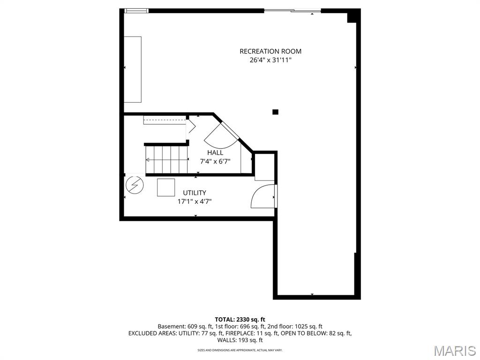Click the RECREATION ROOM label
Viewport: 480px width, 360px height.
[270, 52]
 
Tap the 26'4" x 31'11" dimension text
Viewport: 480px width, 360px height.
[270, 60]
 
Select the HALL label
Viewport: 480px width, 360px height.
[215, 153]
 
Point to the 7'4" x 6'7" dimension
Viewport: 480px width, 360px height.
[215, 161]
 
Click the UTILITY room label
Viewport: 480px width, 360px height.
[194, 193]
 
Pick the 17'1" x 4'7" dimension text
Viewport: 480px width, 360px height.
[194, 201]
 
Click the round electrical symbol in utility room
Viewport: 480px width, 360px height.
[135, 186]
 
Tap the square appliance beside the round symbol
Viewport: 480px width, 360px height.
[166, 187]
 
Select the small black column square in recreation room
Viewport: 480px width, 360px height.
[276, 112]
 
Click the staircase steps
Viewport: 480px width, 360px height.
[166, 159]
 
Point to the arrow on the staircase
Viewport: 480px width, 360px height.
[149, 159]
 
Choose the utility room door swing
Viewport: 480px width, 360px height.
[263, 196]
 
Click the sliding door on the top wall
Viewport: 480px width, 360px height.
[292, 11]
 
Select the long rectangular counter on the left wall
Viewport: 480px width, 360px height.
[133, 69]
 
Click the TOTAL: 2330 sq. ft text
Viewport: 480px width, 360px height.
[240, 320]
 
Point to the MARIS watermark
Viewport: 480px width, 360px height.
[454, 350]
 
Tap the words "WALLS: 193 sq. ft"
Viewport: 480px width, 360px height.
[240, 340]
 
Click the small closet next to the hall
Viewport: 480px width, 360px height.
[263, 166]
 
